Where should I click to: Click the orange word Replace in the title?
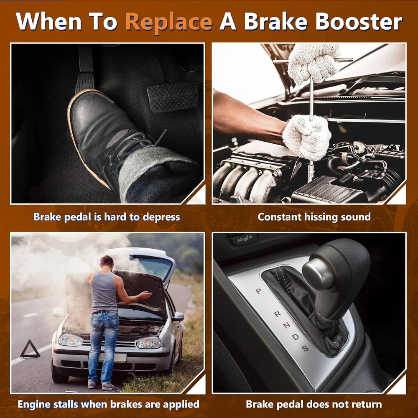[x=168, y=23]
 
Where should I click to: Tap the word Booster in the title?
[x=359, y=21]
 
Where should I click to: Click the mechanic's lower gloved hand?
[x=306, y=137]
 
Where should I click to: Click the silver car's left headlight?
[x=70, y=340]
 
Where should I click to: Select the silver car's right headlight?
[x=148, y=342]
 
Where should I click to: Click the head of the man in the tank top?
[x=107, y=263]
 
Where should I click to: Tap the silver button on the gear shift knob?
[x=318, y=274]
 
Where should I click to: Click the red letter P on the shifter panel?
[x=258, y=291]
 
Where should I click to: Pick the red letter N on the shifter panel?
[x=287, y=325]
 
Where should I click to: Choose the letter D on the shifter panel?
[x=296, y=337]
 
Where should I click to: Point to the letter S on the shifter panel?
[x=305, y=348]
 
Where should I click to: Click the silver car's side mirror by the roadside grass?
[x=178, y=316]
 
